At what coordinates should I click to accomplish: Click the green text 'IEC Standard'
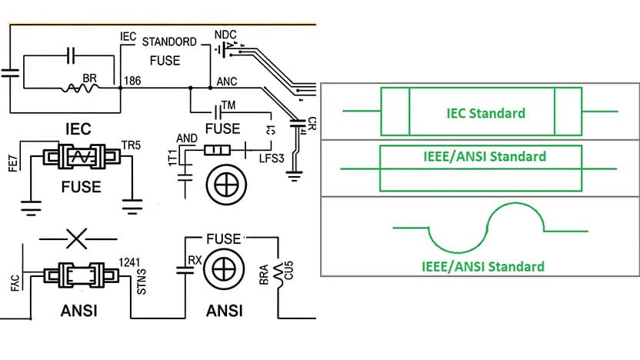point(485,113)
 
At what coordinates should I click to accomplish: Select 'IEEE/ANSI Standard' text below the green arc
point(482,267)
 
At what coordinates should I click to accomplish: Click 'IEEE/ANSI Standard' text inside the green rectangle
point(485,156)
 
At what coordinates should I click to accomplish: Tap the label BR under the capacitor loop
point(90,79)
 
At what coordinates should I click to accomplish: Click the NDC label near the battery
point(225,35)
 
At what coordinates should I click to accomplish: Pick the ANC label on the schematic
point(228,81)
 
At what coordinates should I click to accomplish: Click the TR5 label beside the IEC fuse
point(132,145)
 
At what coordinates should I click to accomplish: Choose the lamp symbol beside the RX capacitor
point(224,271)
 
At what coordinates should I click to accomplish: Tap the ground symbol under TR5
point(132,205)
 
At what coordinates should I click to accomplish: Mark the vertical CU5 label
point(288,272)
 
